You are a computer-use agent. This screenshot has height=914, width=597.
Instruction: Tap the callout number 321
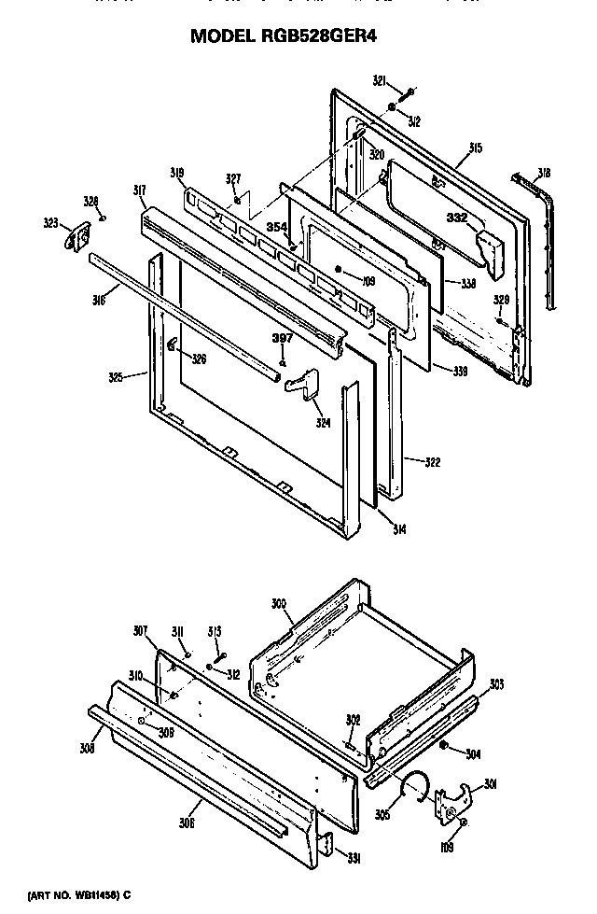pos(380,81)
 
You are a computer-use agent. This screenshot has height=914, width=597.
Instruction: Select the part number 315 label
pos(475,148)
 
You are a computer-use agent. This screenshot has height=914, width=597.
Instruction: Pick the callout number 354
pos(276,227)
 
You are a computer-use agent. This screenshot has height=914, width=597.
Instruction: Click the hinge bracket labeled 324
pos(300,385)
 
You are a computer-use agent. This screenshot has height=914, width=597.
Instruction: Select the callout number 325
pos(116,378)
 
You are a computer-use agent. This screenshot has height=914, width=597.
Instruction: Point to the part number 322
pos(431,461)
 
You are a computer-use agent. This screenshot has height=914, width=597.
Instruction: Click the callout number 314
pos(398,529)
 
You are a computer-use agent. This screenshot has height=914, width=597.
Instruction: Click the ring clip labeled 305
pos(410,788)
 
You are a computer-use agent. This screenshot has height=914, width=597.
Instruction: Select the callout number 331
pos(354,858)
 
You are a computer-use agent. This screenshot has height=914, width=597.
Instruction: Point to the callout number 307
pos(140,630)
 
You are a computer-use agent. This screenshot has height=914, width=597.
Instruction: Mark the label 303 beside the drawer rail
pos(496,684)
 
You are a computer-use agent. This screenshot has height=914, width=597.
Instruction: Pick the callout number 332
pos(457,217)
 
